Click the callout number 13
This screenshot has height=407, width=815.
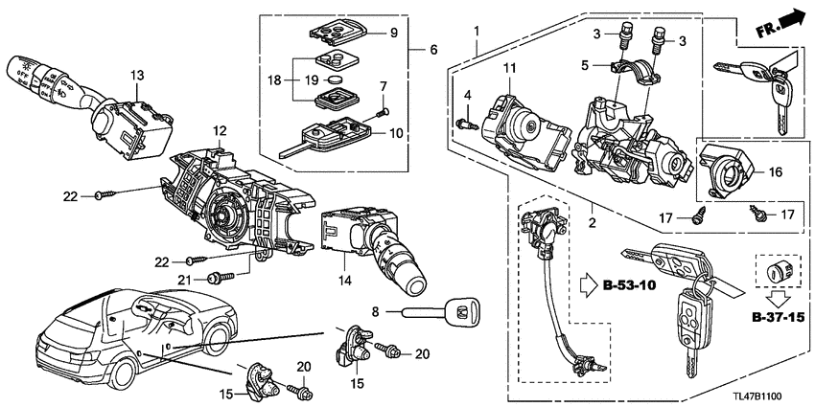tap(137, 76)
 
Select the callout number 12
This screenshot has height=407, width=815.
tap(220, 130)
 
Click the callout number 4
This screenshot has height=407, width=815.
tap(467, 95)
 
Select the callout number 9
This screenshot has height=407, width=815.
tap(392, 34)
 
